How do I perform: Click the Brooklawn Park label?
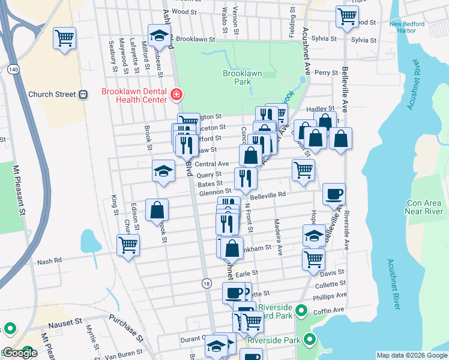coord(243,77)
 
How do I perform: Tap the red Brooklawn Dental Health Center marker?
coord(176,94)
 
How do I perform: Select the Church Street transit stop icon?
coord(83,94)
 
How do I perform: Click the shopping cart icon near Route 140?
coord(64,38)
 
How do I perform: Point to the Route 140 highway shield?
coord(12,70)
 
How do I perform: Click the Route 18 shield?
coord(206,283)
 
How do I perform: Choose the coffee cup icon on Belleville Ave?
coord(334,194)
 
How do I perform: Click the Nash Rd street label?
coord(49,262)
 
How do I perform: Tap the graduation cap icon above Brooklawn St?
coord(159,37)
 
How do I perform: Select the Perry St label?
coord(327,73)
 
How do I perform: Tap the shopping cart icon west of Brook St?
coord(128,245)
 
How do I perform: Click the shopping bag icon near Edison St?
coord(157,211)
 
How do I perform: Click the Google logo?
coord(20,353)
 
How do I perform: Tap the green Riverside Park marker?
coord(310,340)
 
